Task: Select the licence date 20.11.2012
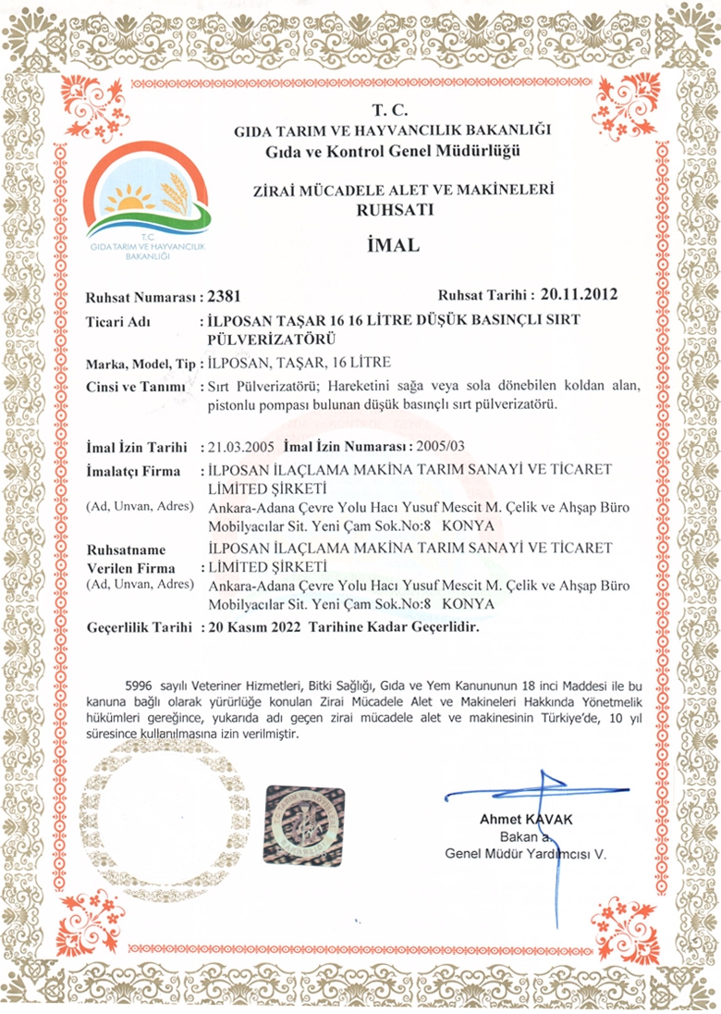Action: pos(579,296)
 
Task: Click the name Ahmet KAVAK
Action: pos(526,820)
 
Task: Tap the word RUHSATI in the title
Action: pos(392,210)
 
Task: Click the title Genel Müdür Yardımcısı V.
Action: pos(525,854)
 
